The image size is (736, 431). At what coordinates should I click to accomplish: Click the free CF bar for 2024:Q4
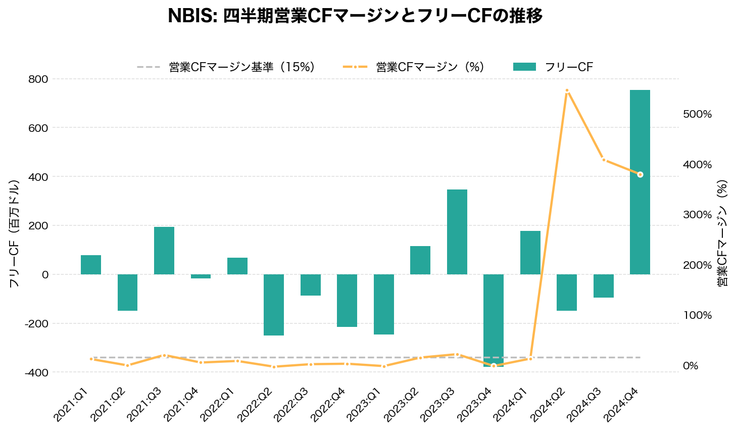coord(640,182)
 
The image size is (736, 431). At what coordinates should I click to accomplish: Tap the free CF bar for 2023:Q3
coord(457,232)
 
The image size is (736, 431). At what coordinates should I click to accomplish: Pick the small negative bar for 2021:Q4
coord(201,276)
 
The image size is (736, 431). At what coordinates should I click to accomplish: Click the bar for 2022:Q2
coord(273,305)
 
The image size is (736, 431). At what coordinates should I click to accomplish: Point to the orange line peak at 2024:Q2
coord(567,91)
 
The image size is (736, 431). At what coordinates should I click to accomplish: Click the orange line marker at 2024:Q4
coord(640,175)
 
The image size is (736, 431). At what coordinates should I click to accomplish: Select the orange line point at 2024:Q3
coord(603,160)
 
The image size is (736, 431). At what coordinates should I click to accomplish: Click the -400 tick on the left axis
coord(37,372)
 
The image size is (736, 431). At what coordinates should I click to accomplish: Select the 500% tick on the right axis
coord(697,114)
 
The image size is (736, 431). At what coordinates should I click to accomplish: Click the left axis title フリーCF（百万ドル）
coord(14,233)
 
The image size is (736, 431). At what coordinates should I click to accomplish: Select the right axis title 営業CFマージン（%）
coord(722,233)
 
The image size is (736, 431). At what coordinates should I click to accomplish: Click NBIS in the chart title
coord(191,16)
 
